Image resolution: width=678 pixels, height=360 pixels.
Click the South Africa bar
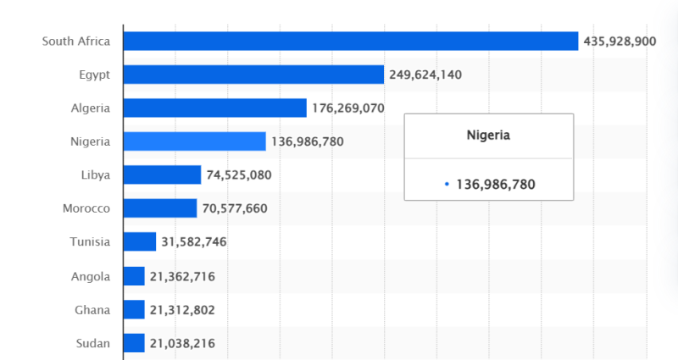click(350, 41)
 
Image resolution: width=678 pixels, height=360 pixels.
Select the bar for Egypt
click(253, 75)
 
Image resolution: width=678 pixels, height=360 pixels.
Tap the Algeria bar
click(214, 108)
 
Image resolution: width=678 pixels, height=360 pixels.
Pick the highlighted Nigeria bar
click(194, 141)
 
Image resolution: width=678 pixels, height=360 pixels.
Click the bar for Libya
click(162, 175)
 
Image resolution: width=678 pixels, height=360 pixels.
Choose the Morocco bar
click(160, 208)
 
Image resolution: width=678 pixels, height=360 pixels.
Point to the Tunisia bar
click(140, 242)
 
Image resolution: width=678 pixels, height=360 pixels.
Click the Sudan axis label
click(93, 343)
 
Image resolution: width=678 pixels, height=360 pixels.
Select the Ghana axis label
click(92, 310)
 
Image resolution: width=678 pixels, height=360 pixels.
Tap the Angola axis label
click(91, 276)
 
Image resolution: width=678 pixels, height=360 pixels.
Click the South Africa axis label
click(76, 41)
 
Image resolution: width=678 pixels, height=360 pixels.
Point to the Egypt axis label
click(94, 75)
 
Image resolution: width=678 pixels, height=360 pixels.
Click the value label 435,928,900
click(620, 41)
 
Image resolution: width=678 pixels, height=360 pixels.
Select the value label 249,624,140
click(425, 75)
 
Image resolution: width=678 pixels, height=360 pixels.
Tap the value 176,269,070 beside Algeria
click(348, 108)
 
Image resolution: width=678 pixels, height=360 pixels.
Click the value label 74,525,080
click(239, 175)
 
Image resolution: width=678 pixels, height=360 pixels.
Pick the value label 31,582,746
click(194, 242)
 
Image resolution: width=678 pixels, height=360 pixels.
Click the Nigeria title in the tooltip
click(488, 135)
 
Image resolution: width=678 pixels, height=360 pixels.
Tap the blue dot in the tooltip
click(447, 184)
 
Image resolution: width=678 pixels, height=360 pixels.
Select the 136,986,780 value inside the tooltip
click(496, 184)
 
